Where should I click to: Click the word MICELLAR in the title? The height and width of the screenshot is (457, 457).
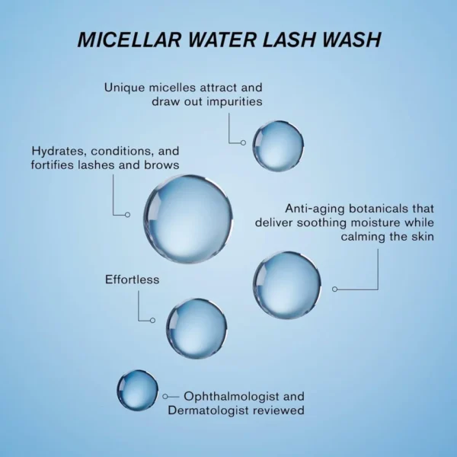pos(129,40)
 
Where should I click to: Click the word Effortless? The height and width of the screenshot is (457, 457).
pos(133,280)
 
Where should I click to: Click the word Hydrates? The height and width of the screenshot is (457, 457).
pos(59,152)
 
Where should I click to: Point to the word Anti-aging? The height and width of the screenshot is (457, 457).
pos(315,209)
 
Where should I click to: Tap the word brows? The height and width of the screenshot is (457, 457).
pos(161,165)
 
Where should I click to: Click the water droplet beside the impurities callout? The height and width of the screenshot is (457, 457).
pos(278,145)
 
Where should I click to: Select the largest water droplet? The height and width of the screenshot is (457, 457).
pos(188,219)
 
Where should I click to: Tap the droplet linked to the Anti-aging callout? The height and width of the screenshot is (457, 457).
pos(287,285)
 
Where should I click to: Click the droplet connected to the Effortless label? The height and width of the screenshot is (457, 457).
pos(197,328)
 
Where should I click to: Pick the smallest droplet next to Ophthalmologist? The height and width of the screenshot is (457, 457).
pos(138,391)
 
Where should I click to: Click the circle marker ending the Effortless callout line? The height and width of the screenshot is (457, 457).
pos(152,321)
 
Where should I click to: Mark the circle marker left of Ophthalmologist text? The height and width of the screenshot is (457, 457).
pos(165,396)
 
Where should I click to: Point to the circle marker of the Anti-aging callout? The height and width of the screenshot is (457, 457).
pos(335,289)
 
